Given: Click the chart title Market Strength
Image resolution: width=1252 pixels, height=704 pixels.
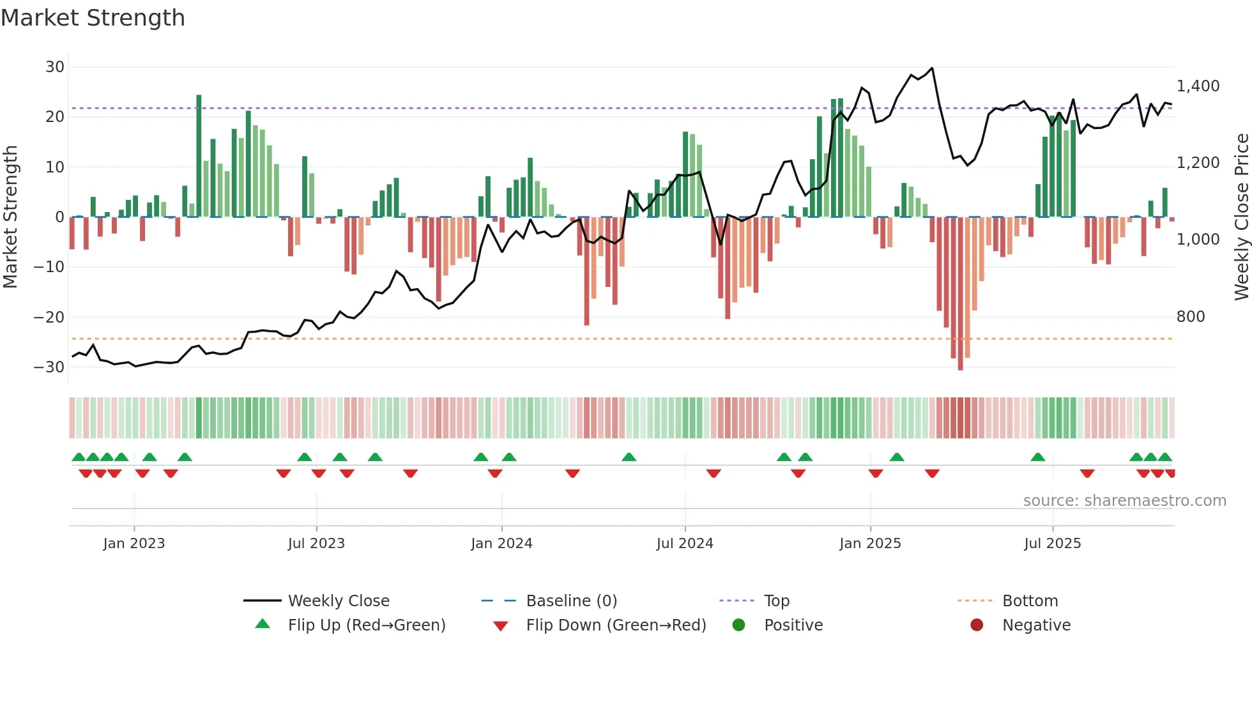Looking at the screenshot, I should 93,18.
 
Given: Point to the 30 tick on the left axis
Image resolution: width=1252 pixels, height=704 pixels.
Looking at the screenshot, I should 55,67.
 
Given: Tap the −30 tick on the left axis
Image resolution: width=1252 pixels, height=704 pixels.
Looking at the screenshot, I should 49,367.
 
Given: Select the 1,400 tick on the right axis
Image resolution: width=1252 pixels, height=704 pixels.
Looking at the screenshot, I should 1198,86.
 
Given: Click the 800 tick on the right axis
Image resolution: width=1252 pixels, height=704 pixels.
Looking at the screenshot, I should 1190,317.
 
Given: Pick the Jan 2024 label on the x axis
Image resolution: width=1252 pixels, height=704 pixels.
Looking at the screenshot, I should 501,544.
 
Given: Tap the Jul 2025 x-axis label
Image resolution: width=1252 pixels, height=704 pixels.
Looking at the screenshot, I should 1052,544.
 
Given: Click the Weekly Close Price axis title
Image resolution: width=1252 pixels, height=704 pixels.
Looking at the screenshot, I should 1241,217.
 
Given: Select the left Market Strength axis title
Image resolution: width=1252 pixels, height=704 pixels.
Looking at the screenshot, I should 10,217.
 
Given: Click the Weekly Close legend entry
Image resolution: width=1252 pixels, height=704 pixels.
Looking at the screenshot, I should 338,601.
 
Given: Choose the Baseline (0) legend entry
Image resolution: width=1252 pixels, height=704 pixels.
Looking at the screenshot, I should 571,601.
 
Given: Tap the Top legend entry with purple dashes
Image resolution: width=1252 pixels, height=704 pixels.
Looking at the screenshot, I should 776,601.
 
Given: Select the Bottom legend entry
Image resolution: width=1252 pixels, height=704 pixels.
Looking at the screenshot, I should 1030,601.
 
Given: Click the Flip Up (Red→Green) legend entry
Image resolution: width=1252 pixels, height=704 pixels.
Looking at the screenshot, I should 366,625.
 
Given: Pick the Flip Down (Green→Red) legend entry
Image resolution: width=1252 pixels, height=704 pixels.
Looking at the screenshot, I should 615,625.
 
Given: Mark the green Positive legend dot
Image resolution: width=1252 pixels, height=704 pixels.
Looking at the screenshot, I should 738,625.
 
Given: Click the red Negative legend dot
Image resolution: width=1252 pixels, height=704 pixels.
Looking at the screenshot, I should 977,625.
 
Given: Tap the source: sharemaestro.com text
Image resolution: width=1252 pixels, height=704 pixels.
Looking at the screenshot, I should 1124,501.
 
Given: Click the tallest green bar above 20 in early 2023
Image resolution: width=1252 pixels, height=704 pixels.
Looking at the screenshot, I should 199,156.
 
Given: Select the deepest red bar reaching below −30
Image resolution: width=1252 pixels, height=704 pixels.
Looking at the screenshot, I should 960,294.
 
